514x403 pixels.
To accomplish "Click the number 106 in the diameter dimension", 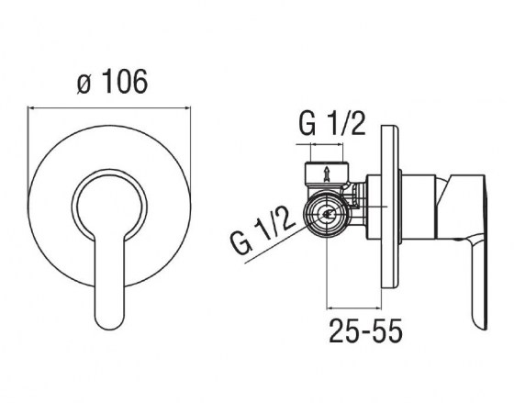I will pyautogui.click(x=121, y=83).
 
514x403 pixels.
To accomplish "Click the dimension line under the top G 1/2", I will pyautogui.click(x=318, y=144).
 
